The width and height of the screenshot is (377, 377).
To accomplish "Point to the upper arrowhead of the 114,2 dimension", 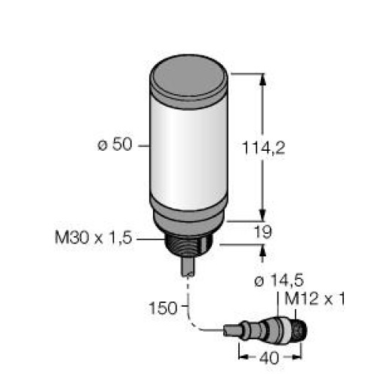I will coord(263,78).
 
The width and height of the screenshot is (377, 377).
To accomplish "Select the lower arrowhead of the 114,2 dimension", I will coord(263,215).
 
